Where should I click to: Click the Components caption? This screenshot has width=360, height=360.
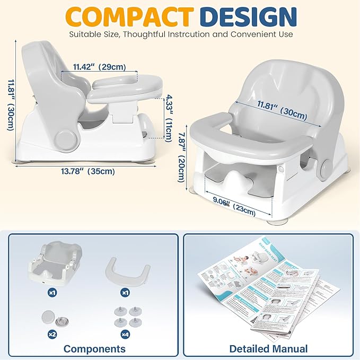pos(94,348)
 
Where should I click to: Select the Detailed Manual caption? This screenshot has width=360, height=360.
pos(268,348)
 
